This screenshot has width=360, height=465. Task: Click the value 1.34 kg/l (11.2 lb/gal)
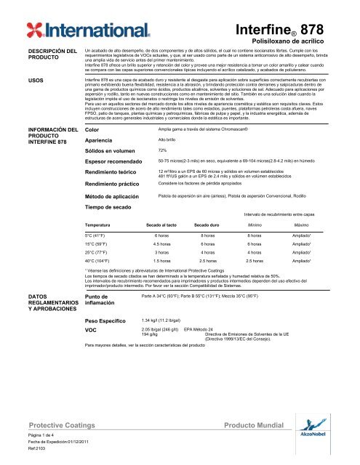click(166, 400)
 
